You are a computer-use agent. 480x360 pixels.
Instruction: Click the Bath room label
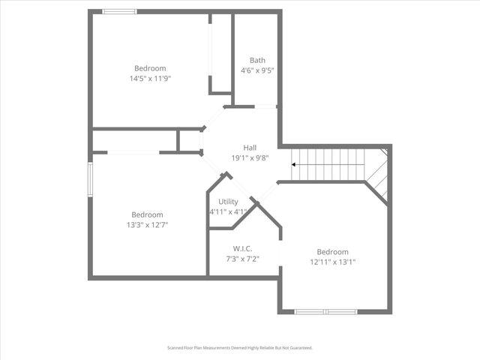pyautogui.click(x=257, y=61)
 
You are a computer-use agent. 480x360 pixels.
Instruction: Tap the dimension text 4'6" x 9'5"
pyautogui.click(x=257, y=71)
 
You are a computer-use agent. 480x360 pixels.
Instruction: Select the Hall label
pyautogui.click(x=250, y=147)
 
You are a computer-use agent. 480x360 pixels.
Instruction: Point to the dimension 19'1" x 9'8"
pyautogui.click(x=250, y=158)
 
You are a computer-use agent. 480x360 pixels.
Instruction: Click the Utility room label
pyautogui.click(x=228, y=202)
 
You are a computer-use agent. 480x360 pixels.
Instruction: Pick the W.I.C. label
pyautogui.click(x=242, y=249)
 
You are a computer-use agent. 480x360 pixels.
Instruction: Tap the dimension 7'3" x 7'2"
pyautogui.click(x=242, y=259)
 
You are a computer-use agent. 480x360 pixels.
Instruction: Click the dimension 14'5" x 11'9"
pyautogui.click(x=150, y=79)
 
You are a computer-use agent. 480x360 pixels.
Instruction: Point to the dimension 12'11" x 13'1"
pyautogui.click(x=332, y=262)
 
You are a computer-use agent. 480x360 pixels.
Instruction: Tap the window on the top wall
pyautogui.click(x=119, y=11)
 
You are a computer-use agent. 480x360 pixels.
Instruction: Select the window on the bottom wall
pyautogui.click(x=325, y=311)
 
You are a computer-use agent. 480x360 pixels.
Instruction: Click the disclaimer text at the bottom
pyautogui.click(x=240, y=348)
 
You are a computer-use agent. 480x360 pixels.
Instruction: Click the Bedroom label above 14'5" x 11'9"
pyautogui.click(x=150, y=68)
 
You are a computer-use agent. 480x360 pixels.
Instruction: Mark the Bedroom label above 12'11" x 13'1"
pyautogui.click(x=332, y=252)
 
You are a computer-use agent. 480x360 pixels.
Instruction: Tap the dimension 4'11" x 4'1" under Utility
pyautogui.click(x=228, y=212)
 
